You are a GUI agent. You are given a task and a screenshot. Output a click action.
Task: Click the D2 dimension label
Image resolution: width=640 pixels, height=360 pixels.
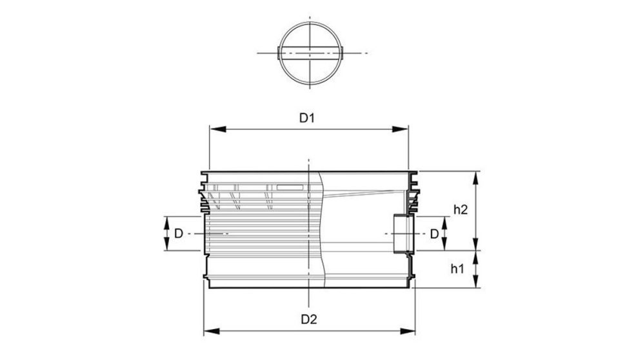pos(310,319)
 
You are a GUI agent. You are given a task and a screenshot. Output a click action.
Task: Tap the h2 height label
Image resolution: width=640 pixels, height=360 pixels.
pos(461,209)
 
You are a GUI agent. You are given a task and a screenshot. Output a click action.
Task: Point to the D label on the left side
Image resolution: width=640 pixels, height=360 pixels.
pos(178,233)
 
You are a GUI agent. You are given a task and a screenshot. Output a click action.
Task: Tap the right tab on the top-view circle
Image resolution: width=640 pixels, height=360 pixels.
pos(343,52)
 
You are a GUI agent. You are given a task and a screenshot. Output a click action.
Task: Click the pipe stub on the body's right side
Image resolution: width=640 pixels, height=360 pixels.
pos(403,233)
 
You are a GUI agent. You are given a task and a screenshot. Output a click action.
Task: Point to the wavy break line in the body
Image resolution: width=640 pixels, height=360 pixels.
pos(320,226)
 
